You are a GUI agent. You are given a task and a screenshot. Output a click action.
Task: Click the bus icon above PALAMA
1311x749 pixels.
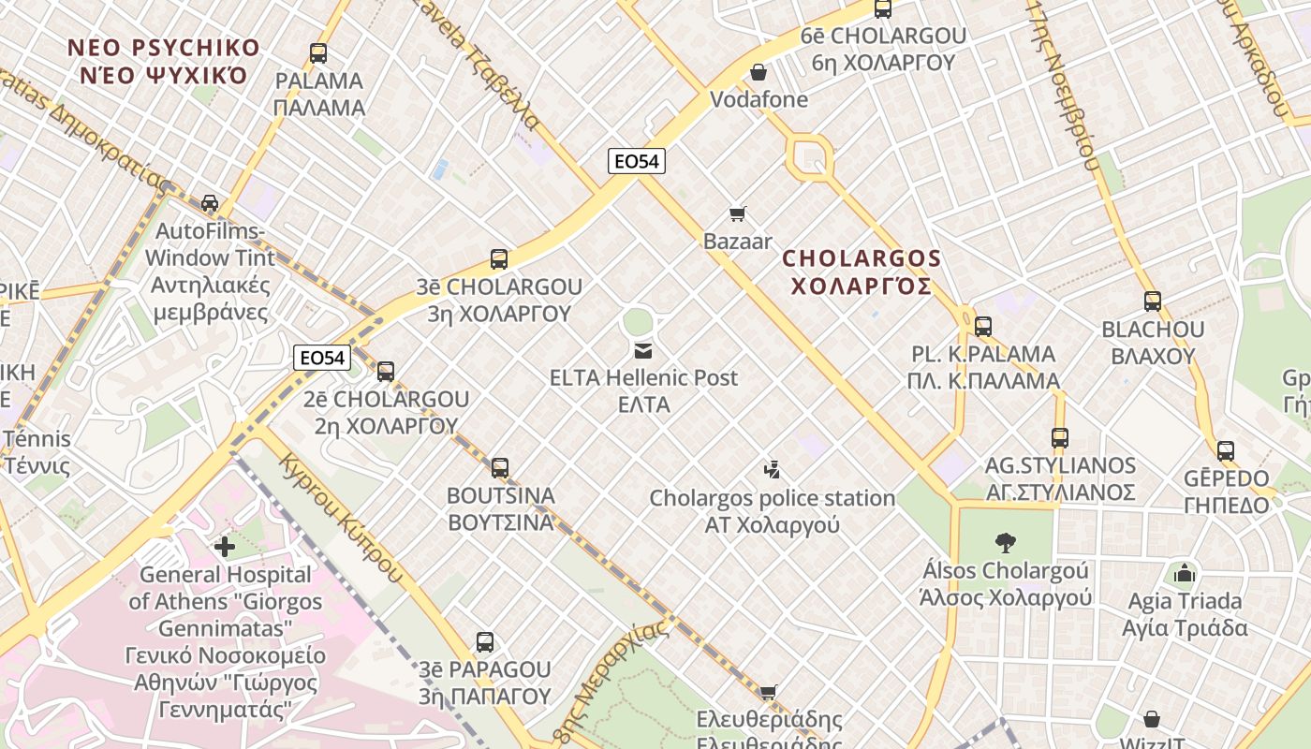tap(318, 53)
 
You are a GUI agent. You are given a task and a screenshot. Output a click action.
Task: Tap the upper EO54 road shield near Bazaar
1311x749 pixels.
tap(636, 161)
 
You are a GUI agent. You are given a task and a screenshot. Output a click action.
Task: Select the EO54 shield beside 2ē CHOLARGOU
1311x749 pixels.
tap(322, 357)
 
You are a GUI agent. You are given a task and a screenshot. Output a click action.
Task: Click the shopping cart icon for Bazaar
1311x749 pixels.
tap(738, 214)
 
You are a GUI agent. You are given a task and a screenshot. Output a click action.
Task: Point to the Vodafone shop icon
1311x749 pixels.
tap(759, 72)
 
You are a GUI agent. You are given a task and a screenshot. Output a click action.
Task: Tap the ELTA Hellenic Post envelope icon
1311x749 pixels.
tap(643, 351)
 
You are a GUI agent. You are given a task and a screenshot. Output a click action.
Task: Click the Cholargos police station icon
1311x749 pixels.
tap(772, 470)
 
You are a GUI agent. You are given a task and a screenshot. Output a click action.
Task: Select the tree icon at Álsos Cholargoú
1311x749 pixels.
tap(1006, 542)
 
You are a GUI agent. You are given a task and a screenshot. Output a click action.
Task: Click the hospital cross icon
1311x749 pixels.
tap(225, 547)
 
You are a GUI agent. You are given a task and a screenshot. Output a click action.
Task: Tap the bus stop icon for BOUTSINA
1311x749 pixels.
tap(500, 468)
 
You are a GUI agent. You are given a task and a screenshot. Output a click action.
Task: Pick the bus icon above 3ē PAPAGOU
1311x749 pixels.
tap(484, 642)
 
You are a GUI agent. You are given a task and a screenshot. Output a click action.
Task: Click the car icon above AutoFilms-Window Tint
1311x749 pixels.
tap(210, 202)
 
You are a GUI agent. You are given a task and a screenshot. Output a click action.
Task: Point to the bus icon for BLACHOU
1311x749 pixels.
tap(1153, 301)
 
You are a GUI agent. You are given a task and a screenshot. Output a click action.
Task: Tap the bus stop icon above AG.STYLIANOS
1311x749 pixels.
tap(1060, 438)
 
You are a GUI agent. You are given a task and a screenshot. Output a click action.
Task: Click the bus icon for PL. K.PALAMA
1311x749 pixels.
tap(982, 327)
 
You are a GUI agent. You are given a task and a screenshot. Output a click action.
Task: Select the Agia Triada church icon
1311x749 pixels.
tap(1185, 573)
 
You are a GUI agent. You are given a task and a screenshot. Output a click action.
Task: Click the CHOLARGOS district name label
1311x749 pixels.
tap(862, 272)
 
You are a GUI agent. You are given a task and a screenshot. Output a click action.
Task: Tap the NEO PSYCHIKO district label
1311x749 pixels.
tap(164, 61)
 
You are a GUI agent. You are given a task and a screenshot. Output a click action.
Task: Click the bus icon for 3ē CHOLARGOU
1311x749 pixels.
tap(499, 259)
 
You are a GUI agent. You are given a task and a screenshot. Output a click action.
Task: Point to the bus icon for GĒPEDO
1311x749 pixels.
tap(1225, 450)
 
